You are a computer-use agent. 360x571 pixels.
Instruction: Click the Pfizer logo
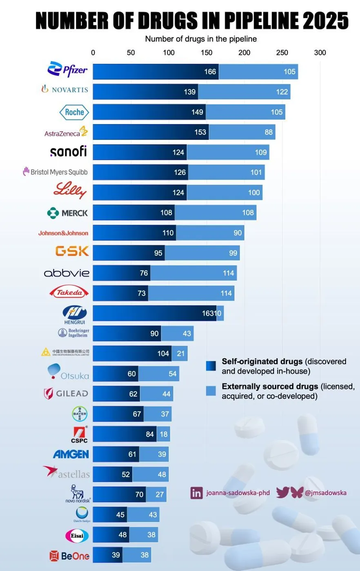click(67, 69)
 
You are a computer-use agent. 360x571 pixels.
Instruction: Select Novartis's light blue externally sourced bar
click(244, 92)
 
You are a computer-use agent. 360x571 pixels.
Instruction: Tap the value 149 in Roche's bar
click(198, 112)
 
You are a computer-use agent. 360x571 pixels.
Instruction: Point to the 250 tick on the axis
click(282, 53)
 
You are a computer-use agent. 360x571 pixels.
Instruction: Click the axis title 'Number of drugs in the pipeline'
click(201, 40)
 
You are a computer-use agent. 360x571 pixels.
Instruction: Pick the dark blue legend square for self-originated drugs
click(211, 366)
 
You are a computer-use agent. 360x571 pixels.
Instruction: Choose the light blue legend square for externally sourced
click(211, 391)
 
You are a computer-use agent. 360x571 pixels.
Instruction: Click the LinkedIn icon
click(196, 493)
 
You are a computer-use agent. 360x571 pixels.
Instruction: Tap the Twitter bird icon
click(282, 492)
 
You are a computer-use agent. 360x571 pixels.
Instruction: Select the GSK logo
click(72, 251)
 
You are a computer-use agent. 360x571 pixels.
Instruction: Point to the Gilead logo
click(66, 394)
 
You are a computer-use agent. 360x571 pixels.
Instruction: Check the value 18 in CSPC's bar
click(164, 434)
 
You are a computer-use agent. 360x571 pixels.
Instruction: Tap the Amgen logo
click(71, 454)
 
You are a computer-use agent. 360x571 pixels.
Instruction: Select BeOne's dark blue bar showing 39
click(107, 555)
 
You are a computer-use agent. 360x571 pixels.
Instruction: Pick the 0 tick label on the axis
click(93, 53)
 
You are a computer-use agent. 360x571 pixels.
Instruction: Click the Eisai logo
click(77, 535)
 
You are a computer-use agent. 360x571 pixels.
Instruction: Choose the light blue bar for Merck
click(216, 212)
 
